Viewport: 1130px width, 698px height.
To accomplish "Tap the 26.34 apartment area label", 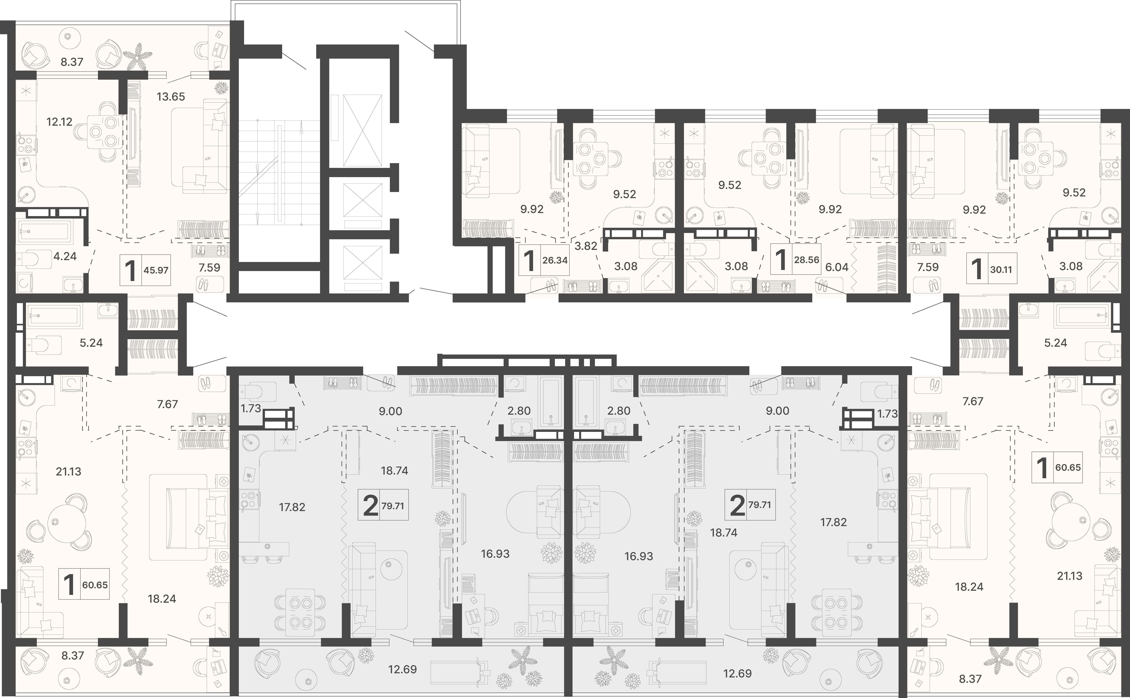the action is pyautogui.click(x=555, y=260).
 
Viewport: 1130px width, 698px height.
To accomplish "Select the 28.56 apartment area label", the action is pyautogui.click(x=806, y=260).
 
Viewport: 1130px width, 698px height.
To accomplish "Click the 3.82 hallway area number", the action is pyautogui.click(x=586, y=246).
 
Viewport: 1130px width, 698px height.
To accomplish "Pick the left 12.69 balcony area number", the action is pyautogui.click(x=402, y=669).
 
